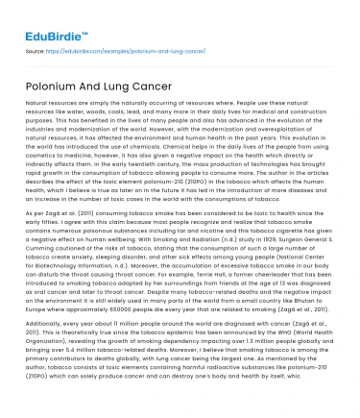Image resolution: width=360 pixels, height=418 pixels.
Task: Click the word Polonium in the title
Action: tap(55, 85)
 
